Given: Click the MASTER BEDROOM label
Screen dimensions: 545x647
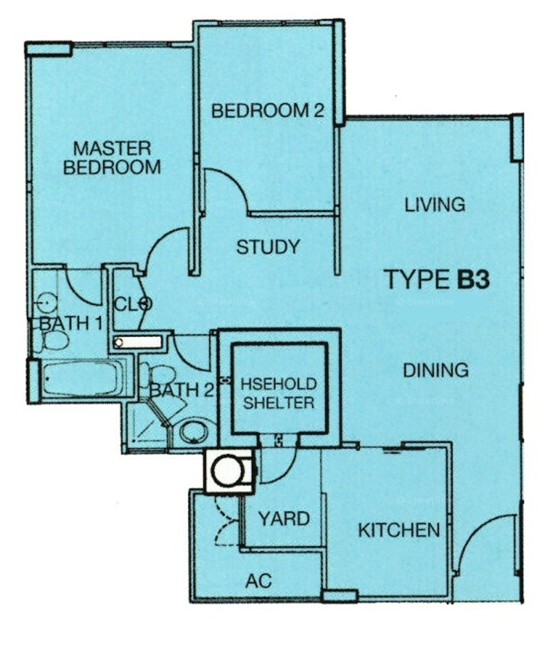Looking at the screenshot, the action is (112, 158).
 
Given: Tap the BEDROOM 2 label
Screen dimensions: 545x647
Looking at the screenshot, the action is (268, 111).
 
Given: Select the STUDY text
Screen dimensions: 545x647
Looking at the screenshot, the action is (268, 247).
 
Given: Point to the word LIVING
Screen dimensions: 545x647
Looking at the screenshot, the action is (435, 205).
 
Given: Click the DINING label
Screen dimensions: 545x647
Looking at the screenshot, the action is (435, 370).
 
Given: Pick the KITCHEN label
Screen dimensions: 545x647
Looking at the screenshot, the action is (399, 530).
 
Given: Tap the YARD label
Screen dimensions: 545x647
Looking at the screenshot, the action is (284, 519).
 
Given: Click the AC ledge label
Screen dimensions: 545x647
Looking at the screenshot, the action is (259, 581).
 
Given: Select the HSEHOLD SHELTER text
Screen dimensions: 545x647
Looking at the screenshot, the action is (279, 393).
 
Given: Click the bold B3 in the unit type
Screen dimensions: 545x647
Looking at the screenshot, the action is (473, 279).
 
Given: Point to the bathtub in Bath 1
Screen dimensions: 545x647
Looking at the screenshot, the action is (81, 379).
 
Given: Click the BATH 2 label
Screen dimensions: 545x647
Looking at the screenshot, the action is (181, 390).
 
